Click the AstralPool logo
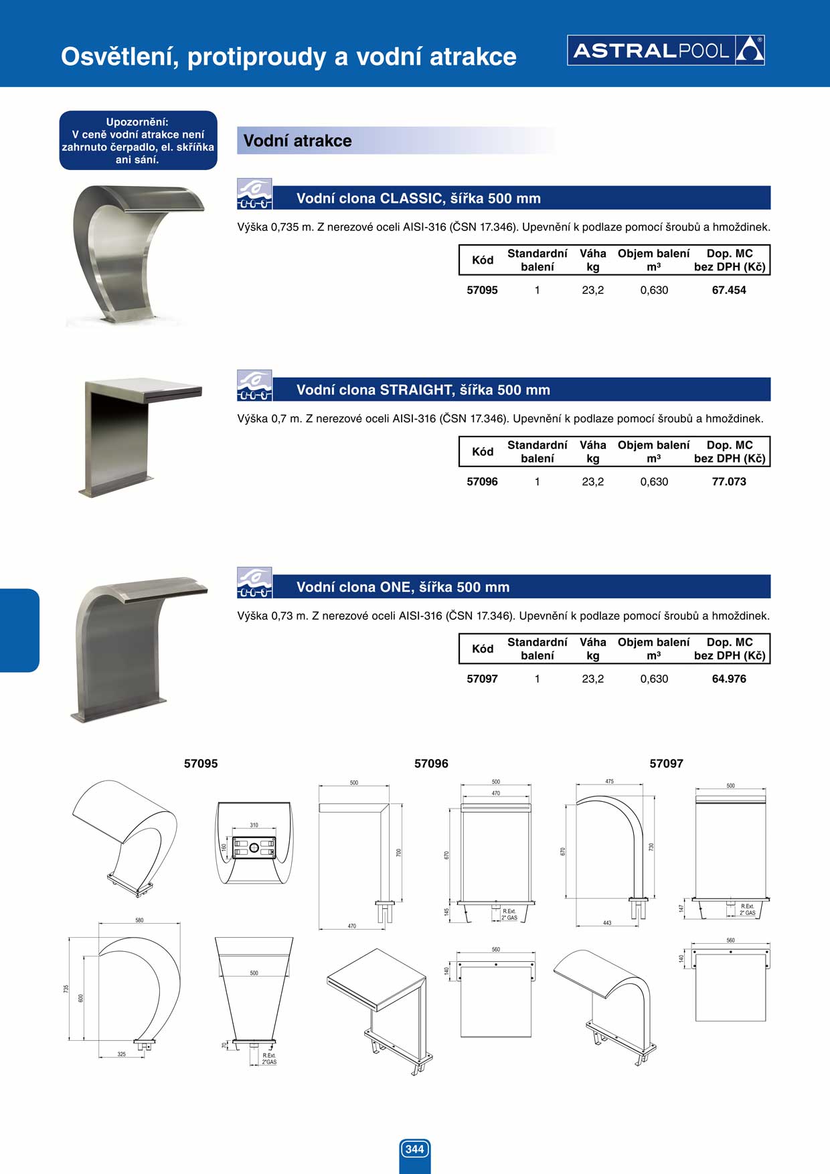coord(666,50)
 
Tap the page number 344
coord(415,1149)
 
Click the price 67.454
coord(729,290)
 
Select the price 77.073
coord(729,481)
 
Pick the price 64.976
coord(729,679)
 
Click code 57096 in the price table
coord(482,481)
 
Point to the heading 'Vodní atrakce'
coord(298,141)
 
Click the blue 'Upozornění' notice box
coord(138,141)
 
